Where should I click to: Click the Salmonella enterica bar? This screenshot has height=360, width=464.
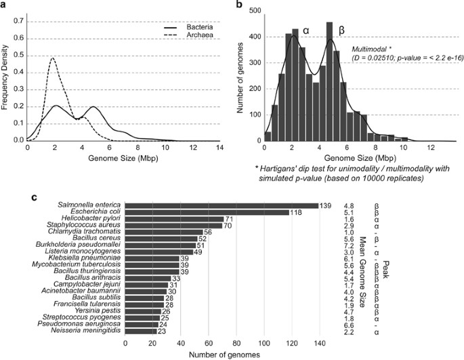(x=224, y=205)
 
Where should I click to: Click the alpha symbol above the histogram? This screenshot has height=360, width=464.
(x=306, y=31)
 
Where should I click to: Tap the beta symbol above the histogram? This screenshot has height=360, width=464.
(x=341, y=31)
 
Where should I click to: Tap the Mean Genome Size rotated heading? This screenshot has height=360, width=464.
(x=362, y=264)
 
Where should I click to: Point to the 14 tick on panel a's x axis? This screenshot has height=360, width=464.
(x=219, y=147)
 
